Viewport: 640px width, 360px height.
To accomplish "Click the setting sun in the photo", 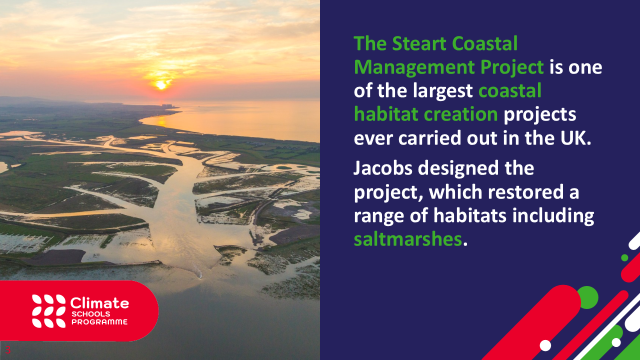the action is pyautogui.click(x=161, y=85).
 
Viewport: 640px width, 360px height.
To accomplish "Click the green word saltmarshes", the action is pyautogui.click(x=407, y=239).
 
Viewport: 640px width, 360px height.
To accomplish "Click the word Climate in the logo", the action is pyautogui.click(x=99, y=302).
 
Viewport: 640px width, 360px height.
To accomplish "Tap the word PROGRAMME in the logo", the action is pyautogui.click(x=99, y=321).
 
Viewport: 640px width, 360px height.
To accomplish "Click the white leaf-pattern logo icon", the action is pyautogui.click(x=48, y=311).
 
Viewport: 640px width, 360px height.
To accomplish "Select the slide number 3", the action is pyautogui.click(x=7, y=349).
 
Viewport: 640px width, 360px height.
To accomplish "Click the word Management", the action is pyautogui.click(x=414, y=67).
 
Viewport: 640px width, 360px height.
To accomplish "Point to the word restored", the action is pyautogui.click(x=525, y=191).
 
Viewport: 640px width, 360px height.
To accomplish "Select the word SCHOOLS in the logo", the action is pyautogui.click(x=91, y=314).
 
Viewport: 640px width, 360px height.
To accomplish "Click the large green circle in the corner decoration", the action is pyautogui.click(x=587, y=297).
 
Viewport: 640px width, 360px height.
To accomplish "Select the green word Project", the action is pyautogui.click(x=512, y=67).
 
